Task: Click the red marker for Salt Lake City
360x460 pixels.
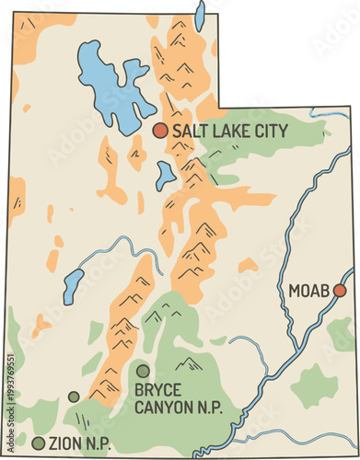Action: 160,131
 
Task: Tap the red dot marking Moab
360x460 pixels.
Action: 340,291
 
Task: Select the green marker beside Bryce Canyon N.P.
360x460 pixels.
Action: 143,371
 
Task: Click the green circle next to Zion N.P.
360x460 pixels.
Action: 37,443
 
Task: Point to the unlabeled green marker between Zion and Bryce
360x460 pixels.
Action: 74,397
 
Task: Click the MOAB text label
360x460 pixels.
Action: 308,292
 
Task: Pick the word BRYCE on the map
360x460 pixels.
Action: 158,389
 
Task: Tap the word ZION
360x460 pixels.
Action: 67,444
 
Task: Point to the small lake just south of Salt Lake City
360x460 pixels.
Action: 166,174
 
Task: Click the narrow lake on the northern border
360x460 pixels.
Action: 200,16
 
